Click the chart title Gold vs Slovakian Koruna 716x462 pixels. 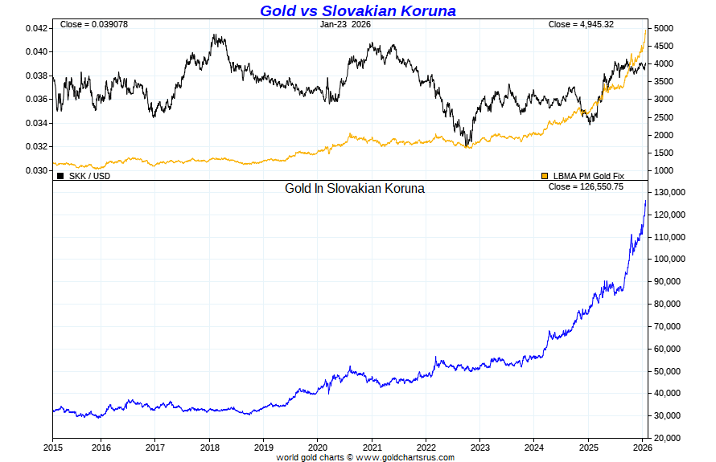pos(357,10)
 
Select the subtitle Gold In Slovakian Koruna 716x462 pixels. pos(355,189)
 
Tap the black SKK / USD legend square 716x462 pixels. pos(60,175)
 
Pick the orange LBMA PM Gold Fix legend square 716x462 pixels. pos(545,175)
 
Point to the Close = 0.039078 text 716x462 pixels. pos(93,24)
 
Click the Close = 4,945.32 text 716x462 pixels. pos(581,24)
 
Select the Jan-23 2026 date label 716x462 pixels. pos(345,24)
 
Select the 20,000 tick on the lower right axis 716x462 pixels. pos(668,438)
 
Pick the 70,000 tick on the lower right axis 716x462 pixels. pos(668,326)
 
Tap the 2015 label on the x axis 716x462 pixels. pos(53,447)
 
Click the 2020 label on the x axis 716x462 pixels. pos(318,447)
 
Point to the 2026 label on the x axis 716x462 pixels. pos(643,447)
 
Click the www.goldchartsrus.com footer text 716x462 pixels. pos(405,457)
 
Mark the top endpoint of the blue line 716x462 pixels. pos(645,200)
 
